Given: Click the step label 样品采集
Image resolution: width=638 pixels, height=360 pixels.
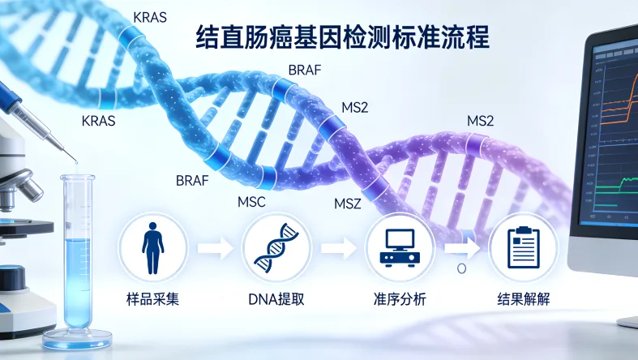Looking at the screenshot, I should point(152,298).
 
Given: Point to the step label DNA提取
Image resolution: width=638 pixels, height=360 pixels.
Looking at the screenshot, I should point(276,298).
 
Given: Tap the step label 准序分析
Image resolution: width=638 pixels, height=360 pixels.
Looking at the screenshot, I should point(400,298).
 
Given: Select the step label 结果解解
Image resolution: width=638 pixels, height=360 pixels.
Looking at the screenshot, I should point(523,298).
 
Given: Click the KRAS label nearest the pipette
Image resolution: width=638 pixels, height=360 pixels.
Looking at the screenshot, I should point(99,121).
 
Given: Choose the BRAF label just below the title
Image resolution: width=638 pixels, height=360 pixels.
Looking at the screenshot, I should point(305,71).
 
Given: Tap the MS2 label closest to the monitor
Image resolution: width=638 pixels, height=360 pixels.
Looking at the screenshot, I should point(481,121).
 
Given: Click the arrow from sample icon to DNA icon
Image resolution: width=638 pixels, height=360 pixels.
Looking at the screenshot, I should point(215,247).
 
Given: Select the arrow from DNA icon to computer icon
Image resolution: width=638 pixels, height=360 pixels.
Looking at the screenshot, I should point(338,247).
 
